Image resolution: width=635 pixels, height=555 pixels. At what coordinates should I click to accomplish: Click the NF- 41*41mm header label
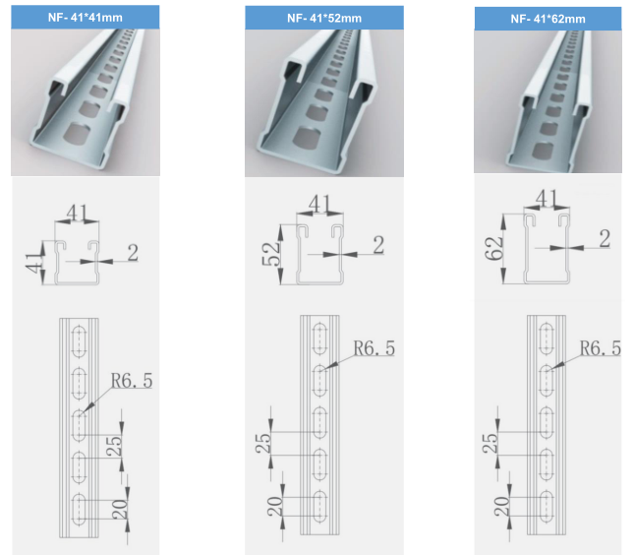tap(86, 18)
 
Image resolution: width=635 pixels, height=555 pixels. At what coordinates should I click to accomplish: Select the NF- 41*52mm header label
tap(324, 18)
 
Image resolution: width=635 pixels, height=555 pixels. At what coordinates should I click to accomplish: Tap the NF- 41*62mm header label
tap(548, 19)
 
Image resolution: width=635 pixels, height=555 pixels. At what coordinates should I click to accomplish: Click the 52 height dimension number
tap(271, 253)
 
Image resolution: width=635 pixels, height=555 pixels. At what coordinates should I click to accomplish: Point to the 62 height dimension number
tap(494, 248)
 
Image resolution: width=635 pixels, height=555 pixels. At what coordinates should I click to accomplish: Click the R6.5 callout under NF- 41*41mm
tap(132, 381)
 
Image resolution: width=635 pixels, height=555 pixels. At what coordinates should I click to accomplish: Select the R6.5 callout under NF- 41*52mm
tap(375, 348)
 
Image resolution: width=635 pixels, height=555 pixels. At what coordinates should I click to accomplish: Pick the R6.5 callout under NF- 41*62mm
tap(601, 348)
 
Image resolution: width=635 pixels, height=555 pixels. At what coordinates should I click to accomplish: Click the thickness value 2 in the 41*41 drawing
tap(133, 253)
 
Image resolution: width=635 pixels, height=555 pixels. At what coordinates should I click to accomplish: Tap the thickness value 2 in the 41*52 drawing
tap(378, 245)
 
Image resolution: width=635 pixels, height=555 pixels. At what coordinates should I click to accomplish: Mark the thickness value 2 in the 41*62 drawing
tap(605, 238)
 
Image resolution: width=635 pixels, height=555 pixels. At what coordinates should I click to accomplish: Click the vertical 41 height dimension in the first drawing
tap(34, 263)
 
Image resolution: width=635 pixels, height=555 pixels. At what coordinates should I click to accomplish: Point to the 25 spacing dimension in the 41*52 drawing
tap(262, 443)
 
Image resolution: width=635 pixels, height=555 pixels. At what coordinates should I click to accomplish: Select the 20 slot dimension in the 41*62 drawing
tap(501, 507)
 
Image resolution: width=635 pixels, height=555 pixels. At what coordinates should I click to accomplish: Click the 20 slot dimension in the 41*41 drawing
tap(120, 510)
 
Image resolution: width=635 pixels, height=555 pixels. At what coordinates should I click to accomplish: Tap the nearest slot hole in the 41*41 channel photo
tap(77, 134)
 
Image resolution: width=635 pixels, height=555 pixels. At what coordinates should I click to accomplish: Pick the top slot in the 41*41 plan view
tap(79, 340)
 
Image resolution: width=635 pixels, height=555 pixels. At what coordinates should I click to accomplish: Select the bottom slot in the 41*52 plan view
tap(319, 506)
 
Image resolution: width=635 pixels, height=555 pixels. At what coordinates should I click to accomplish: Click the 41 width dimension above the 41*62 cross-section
tap(547, 199)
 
